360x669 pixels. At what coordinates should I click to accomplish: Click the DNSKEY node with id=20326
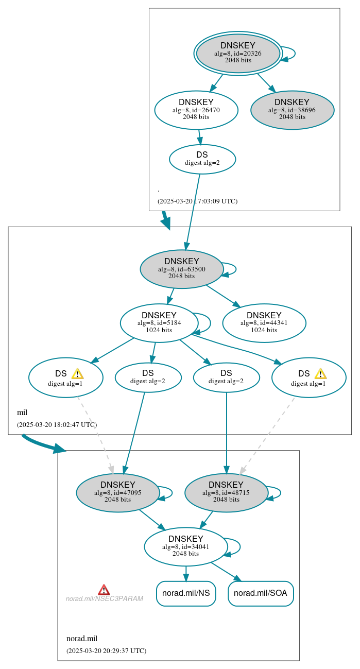tap(237, 53)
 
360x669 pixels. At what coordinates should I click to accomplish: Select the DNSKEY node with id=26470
tap(196, 110)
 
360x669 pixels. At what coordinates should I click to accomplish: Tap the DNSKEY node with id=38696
tap(292, 110)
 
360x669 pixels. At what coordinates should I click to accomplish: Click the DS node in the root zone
tap(202, 159)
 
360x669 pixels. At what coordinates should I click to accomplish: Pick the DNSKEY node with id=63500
tap(181, 269)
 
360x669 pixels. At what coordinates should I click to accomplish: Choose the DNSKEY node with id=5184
tap(159, 323)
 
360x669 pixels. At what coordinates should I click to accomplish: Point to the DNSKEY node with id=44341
tap(264, 323)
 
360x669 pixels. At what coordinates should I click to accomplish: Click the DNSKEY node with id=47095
tap(117, 492)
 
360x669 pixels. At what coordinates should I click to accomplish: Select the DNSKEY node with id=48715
tap(226, 492)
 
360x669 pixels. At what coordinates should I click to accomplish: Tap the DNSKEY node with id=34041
tap(185, 546)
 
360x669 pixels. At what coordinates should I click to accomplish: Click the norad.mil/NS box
tap(185, 593)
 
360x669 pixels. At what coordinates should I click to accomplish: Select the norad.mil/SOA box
tap(261, 593)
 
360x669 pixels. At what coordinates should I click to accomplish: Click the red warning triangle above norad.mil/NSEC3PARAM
tap(104, 590)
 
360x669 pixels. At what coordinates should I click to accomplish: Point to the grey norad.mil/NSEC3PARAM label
tap(104, 599)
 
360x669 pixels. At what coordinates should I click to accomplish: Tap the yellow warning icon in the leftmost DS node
tap(77, 374)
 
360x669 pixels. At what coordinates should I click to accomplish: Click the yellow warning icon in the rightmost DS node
tap(320, 374)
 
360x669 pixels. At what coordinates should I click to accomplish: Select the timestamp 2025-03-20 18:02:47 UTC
tap(57, 425)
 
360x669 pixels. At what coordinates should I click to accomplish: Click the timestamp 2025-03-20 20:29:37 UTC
tap(106, 651)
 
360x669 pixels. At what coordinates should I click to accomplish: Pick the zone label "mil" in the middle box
tap(22, 413)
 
